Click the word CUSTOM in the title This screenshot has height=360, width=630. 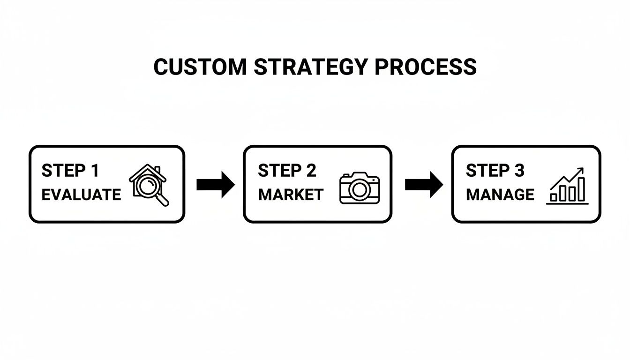pos(200,67)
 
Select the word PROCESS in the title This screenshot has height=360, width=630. pos(425,67)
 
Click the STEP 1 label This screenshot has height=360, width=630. pos(70,171)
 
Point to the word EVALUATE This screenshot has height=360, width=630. pos(81,195)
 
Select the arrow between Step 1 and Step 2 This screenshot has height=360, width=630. pos(215,184)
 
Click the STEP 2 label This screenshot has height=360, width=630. pos(287,171)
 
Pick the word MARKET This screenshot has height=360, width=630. pos(291,195)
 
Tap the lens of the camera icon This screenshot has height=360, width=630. pos(359,190)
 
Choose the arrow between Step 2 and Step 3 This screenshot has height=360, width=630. pos(423,184)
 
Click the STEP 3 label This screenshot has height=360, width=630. pos(495,171)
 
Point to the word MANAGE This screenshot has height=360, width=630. pos(500,195)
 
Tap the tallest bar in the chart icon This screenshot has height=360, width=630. pos(581,189)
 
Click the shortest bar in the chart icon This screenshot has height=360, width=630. pos(554,197)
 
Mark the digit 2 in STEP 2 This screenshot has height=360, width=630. pos(311,171)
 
